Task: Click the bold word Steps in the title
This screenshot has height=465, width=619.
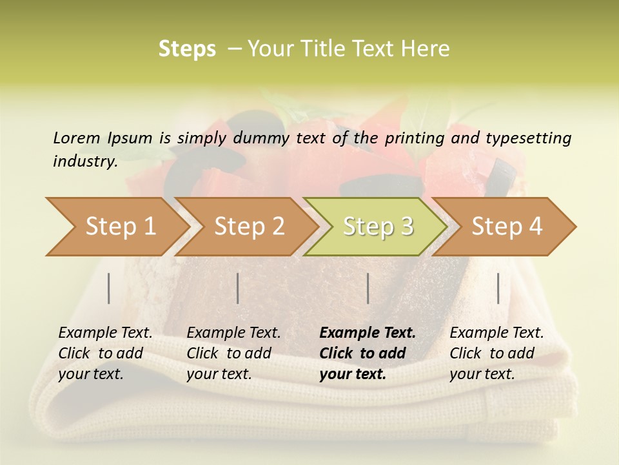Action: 187,48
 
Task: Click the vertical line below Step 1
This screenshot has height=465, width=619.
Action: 109,288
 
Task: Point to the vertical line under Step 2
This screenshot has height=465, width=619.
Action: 238,288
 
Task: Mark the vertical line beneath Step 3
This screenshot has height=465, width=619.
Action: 368,288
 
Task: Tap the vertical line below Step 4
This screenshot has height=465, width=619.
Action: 498,288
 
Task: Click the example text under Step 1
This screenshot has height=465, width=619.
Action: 105,353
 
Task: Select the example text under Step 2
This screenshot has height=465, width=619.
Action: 233,353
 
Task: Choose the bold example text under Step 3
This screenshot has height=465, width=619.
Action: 368,353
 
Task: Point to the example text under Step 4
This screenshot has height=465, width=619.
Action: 496,353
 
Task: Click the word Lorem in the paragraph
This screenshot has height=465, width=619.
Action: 76,138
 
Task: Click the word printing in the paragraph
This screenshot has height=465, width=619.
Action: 416,138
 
